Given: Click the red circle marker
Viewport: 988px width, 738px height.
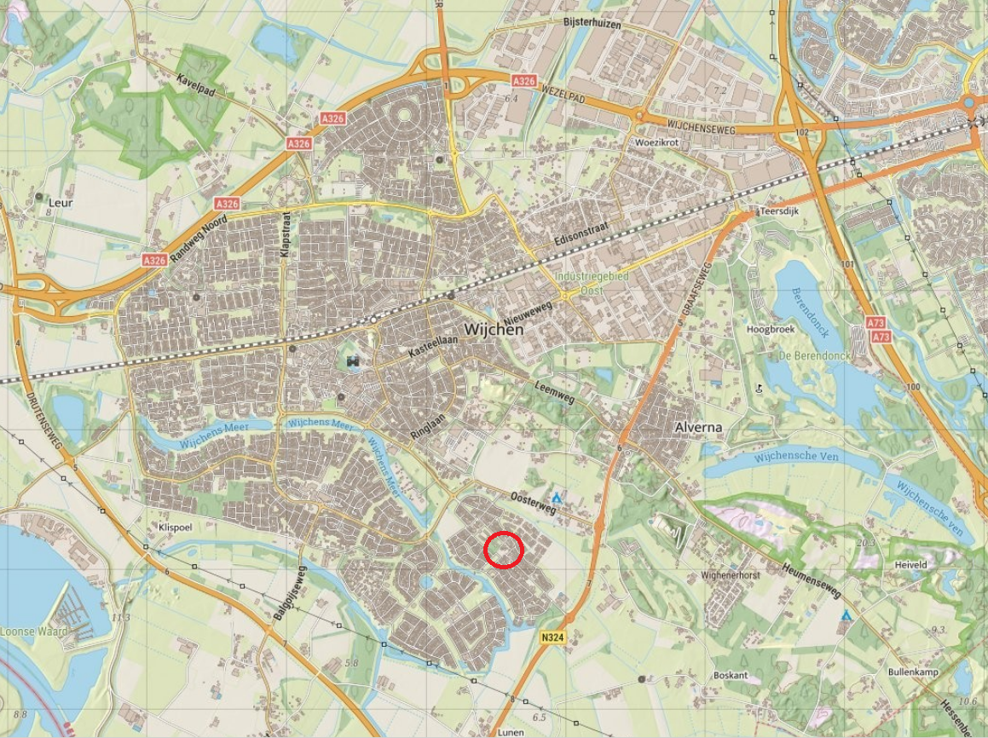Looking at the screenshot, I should point(503,550).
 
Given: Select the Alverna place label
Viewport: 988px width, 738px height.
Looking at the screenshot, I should point(698,427).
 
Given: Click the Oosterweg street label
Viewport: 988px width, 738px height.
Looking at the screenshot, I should point(534,503).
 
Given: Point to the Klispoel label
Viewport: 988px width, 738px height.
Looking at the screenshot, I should point(176,527).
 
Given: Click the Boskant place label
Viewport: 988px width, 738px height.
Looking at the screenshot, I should point(731,676).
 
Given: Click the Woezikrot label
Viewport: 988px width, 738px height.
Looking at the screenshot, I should point(656,142).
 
